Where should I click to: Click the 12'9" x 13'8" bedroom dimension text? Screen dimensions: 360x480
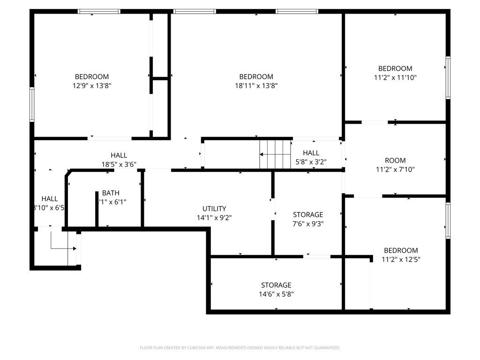(92, 85)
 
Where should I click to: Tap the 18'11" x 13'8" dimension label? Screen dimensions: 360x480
(256, 85)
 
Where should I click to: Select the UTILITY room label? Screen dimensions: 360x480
(214, 209)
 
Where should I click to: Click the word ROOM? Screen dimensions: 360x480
(395, 160)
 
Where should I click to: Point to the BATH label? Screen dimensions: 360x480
(111, 193)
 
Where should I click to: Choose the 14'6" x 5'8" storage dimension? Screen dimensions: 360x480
(276, 294)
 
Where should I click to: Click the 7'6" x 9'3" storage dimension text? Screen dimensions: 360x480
(308, 224)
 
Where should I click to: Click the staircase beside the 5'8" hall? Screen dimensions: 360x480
(276, 154)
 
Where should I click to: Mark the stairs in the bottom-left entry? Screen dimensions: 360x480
(63, 246)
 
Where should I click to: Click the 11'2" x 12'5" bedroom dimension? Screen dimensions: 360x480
(401, 259)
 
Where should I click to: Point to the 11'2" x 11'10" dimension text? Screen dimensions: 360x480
(395, 77)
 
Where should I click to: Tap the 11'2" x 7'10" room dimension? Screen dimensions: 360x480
(395, 169)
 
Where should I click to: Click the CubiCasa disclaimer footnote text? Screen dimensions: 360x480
(240, 348)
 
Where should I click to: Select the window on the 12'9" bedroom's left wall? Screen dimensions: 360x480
(32, 104)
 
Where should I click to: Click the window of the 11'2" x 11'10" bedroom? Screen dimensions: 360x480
(448, 78)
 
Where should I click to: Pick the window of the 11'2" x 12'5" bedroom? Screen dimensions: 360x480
(448, 220)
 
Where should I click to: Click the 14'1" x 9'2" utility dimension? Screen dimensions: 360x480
(214, 217)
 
